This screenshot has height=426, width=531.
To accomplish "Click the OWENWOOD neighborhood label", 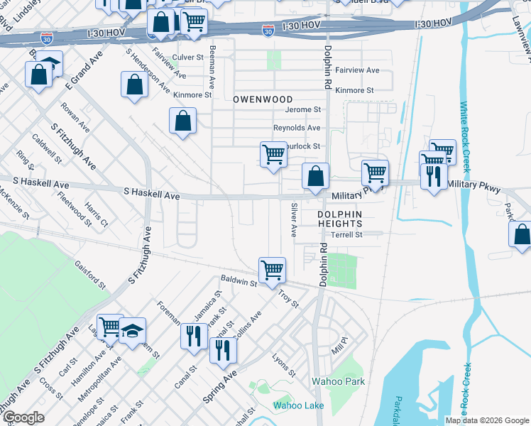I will coord(263,99).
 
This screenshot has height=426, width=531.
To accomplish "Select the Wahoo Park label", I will coord(339,381).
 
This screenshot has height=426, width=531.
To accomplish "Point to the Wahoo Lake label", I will coord(299,405).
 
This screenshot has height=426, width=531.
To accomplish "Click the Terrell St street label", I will coord(348,234).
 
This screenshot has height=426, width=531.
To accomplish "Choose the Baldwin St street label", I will coord(238,282).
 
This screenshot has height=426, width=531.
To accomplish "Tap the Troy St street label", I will coord(288,297).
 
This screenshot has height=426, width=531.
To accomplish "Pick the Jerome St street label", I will coord(303,110).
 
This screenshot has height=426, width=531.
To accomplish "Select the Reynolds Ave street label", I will coord(297,128).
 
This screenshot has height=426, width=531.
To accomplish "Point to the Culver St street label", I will coord(188,57).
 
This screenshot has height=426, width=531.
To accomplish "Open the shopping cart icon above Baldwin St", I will coord(272,271).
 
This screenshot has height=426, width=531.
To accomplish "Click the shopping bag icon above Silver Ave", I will coord(315,177).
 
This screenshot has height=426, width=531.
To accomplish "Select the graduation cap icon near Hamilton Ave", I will coord(132,331).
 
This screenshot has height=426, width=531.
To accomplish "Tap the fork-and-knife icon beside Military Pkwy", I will coord(434,175).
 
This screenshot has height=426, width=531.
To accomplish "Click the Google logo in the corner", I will coord(23,417).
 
